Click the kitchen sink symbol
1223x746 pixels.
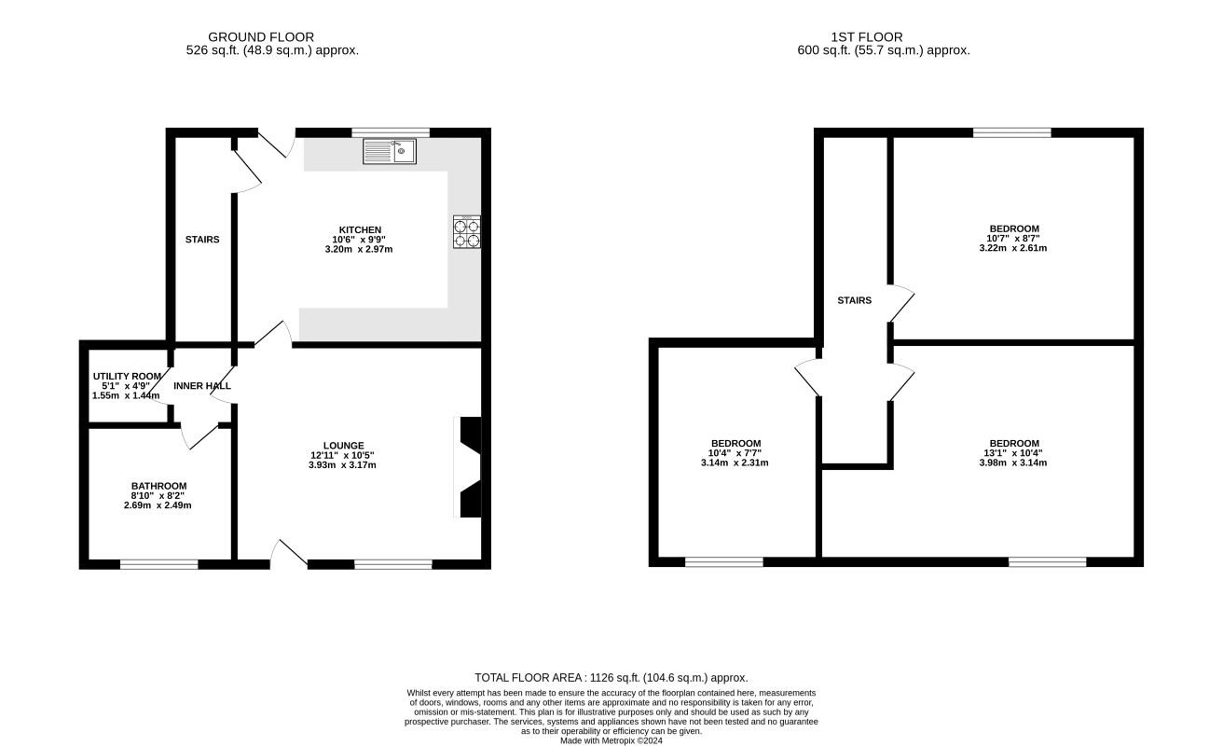pos(390,151)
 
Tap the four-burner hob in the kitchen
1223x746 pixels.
pos(467,232)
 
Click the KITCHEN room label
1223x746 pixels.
pos(360,230)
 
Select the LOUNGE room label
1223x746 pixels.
pos(343,446)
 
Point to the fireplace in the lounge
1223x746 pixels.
pos(468,467)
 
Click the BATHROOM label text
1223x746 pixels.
pos(158,486)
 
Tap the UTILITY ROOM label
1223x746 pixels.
pos(127,377)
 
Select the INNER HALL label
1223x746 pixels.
pos(202,386)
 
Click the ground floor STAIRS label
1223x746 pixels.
pos(202,240)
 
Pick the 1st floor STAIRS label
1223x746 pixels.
pos(855,300)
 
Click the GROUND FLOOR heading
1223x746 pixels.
pos(261,37)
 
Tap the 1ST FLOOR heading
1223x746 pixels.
pos(867,37)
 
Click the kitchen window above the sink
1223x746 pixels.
pos(391,132)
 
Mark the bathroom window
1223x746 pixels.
pos(158,564)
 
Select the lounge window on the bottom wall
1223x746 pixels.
pos(393,564)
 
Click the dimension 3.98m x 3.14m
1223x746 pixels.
pos(1012,463)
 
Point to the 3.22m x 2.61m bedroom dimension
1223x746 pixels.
pos(1012,248)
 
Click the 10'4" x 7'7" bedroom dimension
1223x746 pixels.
pos(735,453)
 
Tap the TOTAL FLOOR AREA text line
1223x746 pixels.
pos(611,678)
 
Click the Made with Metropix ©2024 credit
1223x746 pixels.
pos(611,741)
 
